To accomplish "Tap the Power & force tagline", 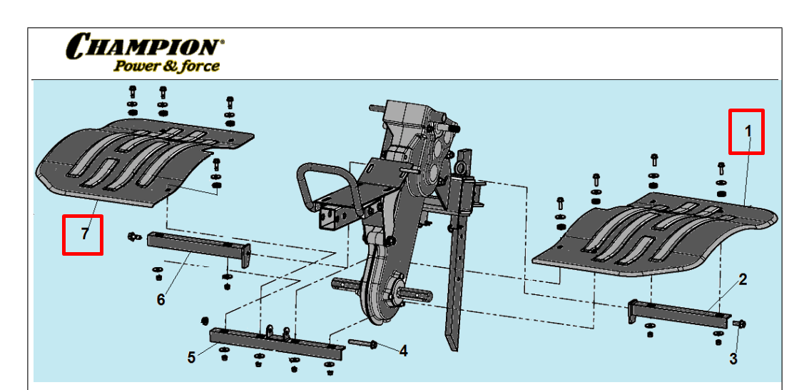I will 166,66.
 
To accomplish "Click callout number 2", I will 743,279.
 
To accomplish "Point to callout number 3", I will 733,359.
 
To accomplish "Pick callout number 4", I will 403,351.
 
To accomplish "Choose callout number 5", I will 191,356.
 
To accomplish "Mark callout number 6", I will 161,299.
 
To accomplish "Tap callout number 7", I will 84,234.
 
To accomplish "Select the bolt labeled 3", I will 740,325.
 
